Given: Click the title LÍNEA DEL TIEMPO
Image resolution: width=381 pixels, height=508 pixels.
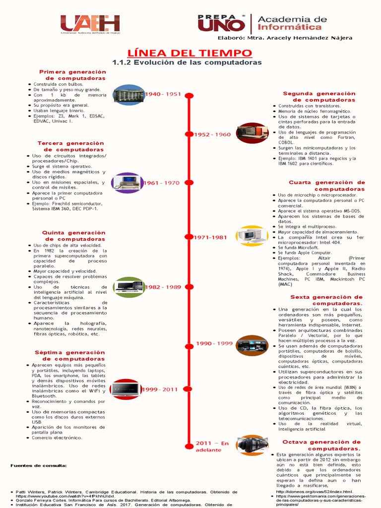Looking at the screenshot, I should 190,53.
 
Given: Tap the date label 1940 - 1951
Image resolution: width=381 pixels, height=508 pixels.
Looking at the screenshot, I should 163,94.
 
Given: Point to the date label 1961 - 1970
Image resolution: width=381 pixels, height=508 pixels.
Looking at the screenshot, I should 161,183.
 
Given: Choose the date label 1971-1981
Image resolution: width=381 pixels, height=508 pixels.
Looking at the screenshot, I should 211,238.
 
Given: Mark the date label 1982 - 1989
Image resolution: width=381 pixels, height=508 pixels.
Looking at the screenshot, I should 163,287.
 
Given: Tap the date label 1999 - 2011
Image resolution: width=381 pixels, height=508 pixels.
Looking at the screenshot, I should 160,390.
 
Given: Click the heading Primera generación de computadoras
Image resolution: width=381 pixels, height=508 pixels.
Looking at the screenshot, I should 72,75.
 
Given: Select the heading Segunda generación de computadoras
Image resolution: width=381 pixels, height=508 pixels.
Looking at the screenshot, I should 319,97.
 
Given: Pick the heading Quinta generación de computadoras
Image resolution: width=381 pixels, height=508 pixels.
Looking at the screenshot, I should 73,236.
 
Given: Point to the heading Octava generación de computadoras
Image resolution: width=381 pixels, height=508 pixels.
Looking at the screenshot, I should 321,445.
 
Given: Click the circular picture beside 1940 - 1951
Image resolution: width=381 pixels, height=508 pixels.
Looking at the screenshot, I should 128,94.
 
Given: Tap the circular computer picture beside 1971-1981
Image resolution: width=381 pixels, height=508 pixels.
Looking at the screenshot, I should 252,236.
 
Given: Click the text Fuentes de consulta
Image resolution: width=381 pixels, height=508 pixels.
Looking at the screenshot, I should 38,466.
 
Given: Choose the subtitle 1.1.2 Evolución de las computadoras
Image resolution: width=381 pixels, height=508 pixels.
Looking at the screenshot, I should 187,63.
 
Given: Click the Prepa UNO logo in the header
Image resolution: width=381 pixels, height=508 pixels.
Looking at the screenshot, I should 221,23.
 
